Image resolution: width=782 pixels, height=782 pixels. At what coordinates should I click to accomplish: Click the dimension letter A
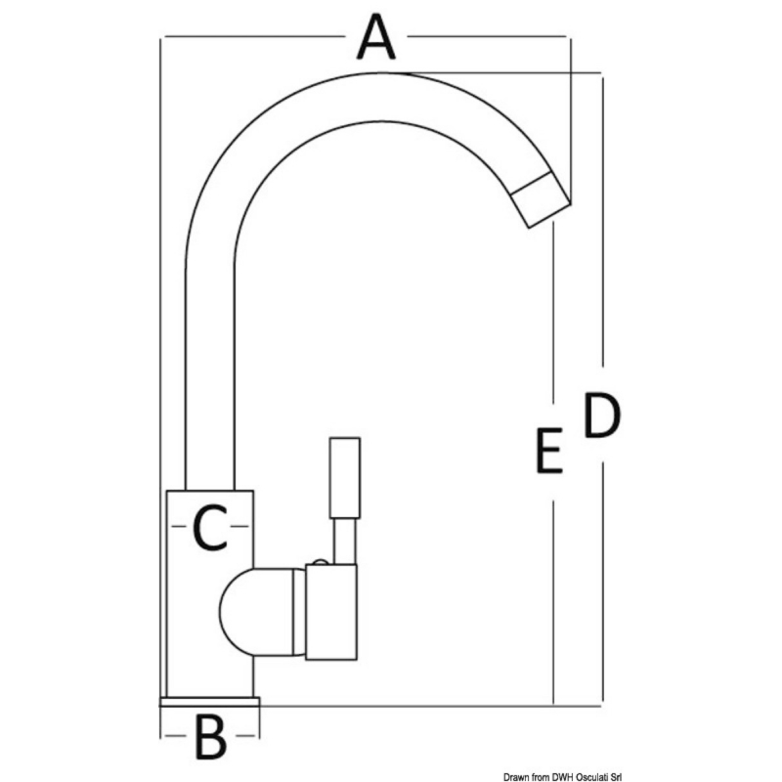376,37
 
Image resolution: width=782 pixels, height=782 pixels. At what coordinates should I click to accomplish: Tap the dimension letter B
211,737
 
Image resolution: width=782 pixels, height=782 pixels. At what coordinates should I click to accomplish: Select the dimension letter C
210,527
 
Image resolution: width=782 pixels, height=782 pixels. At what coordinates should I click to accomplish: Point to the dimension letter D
602,415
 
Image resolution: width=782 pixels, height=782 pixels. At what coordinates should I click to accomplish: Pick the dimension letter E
549,451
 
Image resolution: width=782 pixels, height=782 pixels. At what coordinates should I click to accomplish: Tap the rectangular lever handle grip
345,478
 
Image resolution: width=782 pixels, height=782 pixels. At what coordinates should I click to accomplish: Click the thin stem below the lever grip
345,542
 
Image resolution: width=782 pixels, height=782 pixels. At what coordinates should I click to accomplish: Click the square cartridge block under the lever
331,613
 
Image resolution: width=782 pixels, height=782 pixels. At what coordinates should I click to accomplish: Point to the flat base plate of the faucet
209,702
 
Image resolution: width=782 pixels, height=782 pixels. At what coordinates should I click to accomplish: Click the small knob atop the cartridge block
320,562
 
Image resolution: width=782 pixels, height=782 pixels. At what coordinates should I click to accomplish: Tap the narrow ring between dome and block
299,613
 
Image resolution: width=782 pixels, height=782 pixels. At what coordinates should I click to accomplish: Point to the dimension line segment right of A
487,36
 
